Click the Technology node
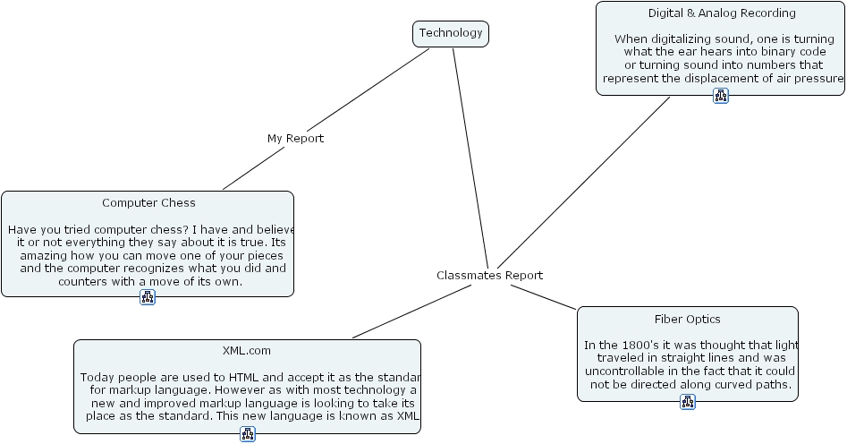click(451, 34)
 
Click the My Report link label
click(295, 139)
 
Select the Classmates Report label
click(489, 276)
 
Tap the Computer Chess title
click(148, 203)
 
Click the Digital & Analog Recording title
click(722, 13)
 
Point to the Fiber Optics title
click(687, 320)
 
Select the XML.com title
click(247, 351)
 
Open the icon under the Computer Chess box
click(148, 297)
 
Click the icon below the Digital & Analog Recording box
click(721, 96)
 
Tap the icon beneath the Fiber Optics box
click(688, 402)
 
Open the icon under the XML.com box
click(248, 434)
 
